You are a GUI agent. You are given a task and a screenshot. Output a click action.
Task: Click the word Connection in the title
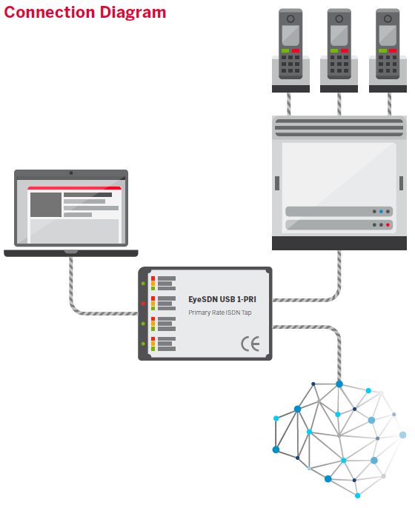pos(49,13)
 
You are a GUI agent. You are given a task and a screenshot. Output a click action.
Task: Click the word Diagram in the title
pos(133,13)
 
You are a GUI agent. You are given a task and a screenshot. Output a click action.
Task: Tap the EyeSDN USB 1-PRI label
pos(222,300)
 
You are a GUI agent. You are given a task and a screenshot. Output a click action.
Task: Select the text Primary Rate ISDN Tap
pos(219,314)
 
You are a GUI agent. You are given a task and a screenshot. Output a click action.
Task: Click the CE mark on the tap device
pos(249,344)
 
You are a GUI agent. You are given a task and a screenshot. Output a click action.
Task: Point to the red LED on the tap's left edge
pos(142,304)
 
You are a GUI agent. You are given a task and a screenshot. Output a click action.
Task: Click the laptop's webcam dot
pos(71,173)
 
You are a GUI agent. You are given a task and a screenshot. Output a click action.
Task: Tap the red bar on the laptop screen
pos(74,188)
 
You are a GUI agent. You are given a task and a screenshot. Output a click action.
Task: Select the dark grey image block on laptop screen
pos(46,204)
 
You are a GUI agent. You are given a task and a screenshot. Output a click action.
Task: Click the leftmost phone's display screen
pos(290,33)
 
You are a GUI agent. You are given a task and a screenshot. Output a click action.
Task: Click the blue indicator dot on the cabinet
pos(381,211)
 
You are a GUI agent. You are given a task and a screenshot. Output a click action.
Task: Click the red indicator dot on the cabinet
pos(387,224)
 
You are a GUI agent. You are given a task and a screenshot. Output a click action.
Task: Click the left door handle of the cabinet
pos(277,183)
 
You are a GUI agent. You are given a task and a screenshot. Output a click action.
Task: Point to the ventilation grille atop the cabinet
pos(339,127)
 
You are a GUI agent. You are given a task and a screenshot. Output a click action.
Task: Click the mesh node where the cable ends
pos(339,384)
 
